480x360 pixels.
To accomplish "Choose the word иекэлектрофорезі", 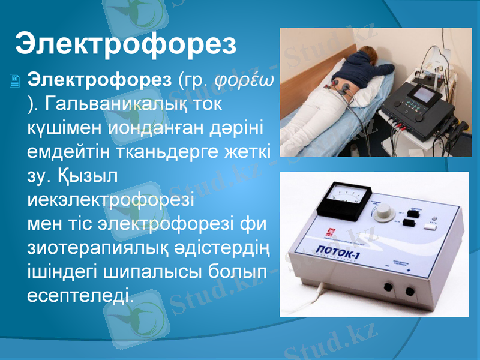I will pyautogui.click(x=111, y=199).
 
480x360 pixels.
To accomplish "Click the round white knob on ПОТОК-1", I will pyautogui.click(x=385, y=212).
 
